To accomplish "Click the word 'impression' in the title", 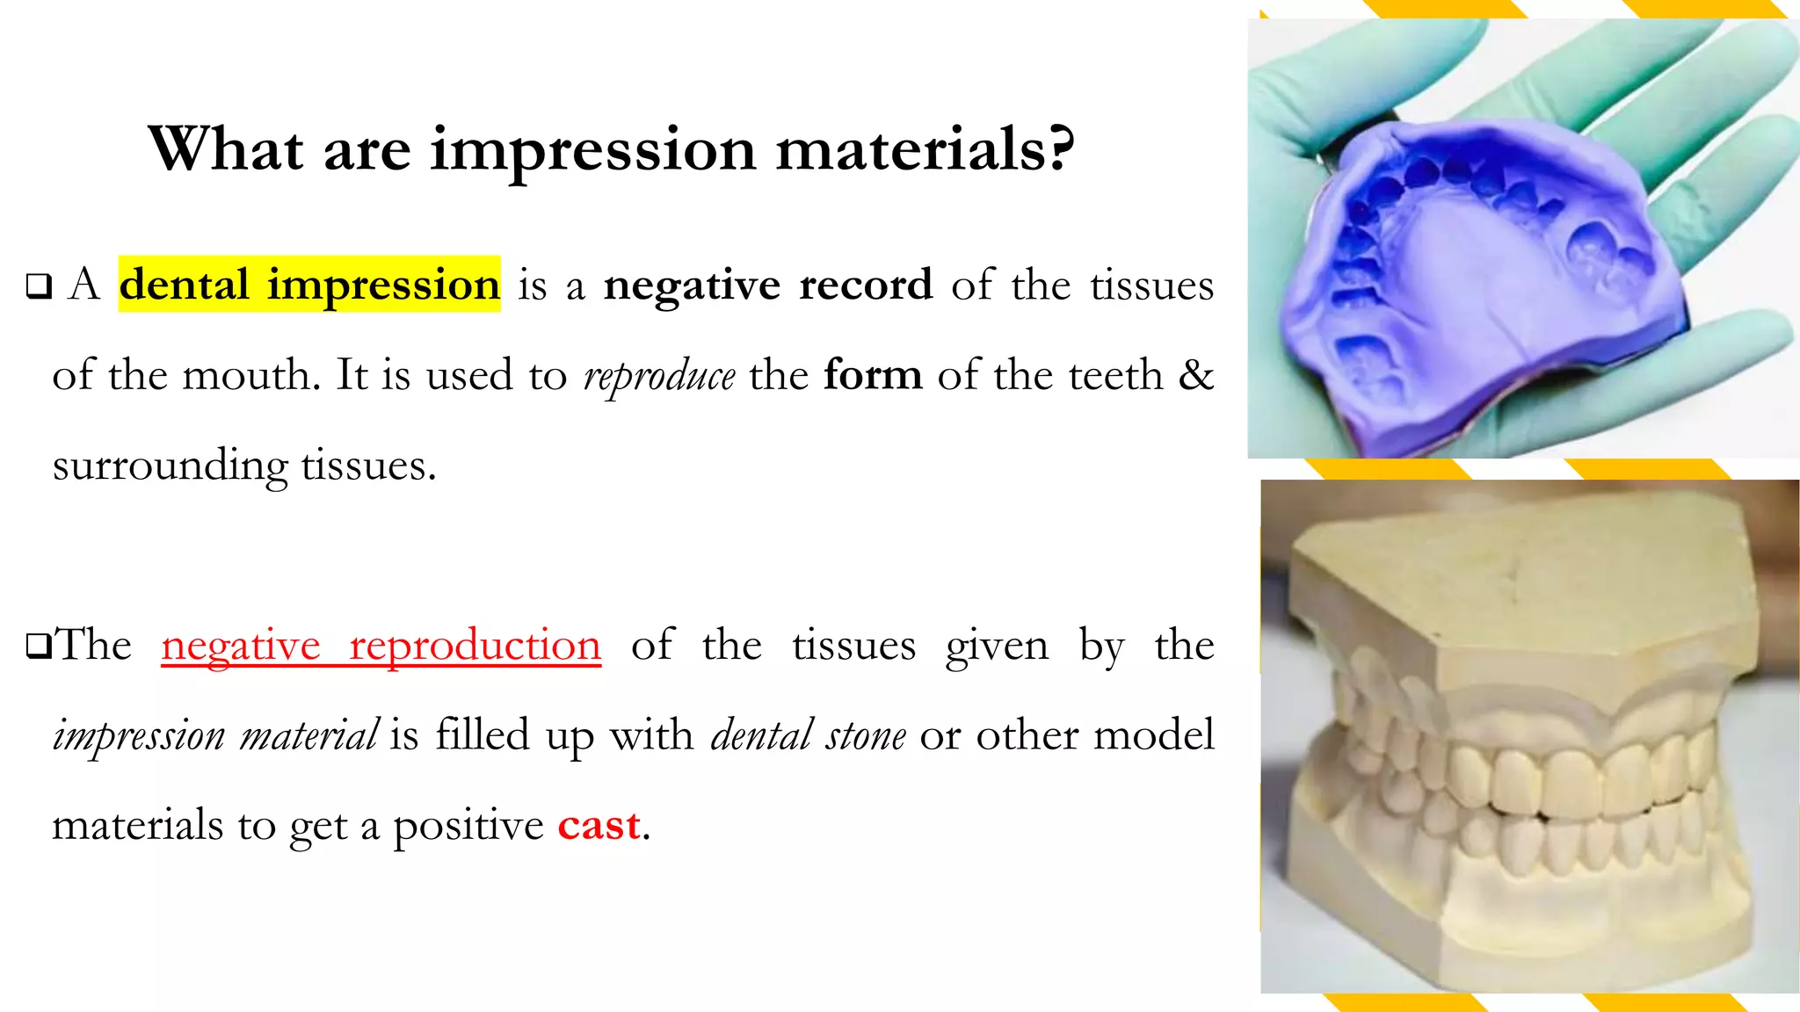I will tap(592, 149).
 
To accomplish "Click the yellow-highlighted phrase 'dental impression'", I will tap(309, 285).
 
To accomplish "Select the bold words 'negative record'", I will tap(767, 285).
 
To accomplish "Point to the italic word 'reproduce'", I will tap(659, 376).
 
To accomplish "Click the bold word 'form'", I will tap(873, 375).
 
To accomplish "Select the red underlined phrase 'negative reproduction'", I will tap(381, 646).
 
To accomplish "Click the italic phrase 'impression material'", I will tap(215, 735).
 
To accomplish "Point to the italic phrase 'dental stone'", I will tap(808, 735).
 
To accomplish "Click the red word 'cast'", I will tap(599, 825).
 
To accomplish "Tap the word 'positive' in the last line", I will tap(468, 826).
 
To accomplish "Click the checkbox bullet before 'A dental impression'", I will tap(39, 286).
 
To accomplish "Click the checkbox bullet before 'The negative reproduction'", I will tap(39, 646).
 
